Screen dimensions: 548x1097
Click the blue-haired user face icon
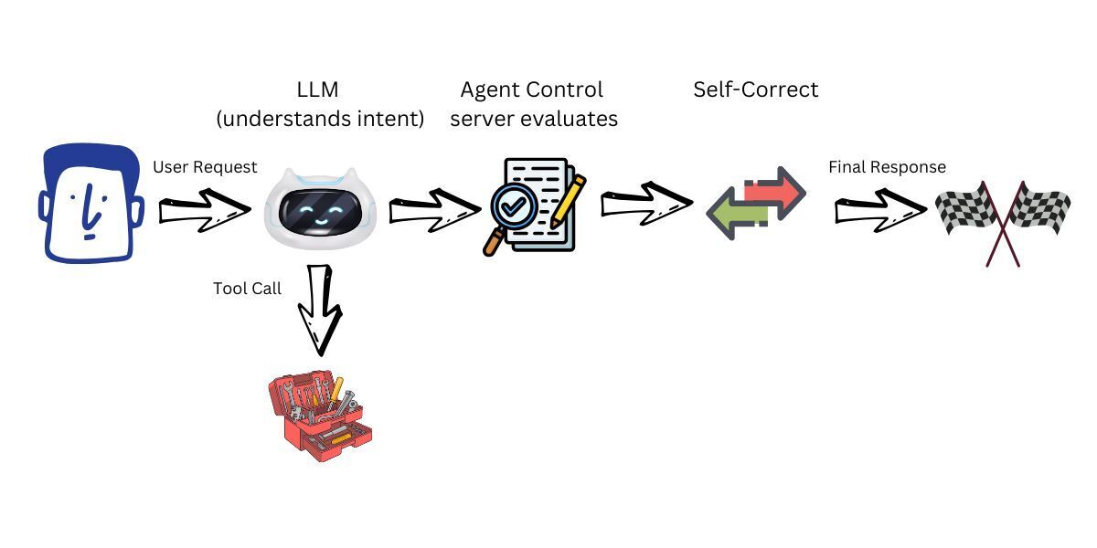coord(90,205)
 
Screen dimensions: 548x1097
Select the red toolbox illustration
coord(321,416)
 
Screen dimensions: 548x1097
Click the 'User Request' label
coord(205,167)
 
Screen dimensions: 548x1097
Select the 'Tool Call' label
coord(247,288)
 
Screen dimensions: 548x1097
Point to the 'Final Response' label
coord(887,167)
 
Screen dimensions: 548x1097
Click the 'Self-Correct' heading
coord(755,90)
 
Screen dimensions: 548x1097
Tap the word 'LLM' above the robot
coord(319,90)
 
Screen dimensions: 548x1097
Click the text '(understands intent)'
coord(319,119)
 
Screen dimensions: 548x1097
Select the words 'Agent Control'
coord(531,90)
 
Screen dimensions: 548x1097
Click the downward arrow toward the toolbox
coord(320,311)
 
